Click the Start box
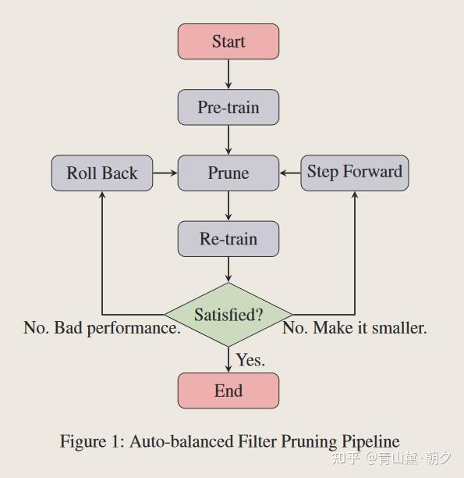pos(228,41)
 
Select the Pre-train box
pos(228,107)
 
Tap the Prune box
pos(228,173)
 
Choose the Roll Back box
pos(102,173)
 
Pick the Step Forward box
pos(355,172)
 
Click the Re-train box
pos(228,239)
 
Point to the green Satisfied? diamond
pos(228,315)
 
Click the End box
pos(228,391)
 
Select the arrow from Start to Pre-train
pos(228,74)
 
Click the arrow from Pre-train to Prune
pos(228,140)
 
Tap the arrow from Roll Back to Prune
pos(165,173)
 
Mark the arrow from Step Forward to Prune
pos(289,173)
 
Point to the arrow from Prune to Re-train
pos(228,206)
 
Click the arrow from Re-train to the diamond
pos(228,269)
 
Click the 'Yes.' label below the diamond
pos(250,360)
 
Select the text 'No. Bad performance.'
pos(102,328)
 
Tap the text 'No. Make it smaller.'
pos(354,328)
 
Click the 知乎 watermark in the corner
pos(345,458)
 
